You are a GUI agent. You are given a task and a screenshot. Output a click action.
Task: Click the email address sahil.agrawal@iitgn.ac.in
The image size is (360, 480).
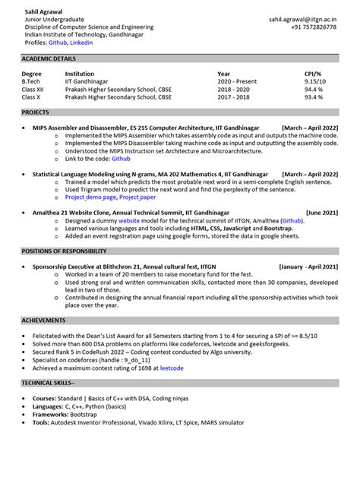click(x=303, y=18)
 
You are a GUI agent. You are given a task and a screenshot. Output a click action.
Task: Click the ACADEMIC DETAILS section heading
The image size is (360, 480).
click(x=49, y=58)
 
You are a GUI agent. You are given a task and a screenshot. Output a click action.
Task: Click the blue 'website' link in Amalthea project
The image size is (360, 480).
click(x=129, y=219)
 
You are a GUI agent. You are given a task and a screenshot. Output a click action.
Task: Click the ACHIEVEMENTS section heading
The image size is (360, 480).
click(x=44, y=321)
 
